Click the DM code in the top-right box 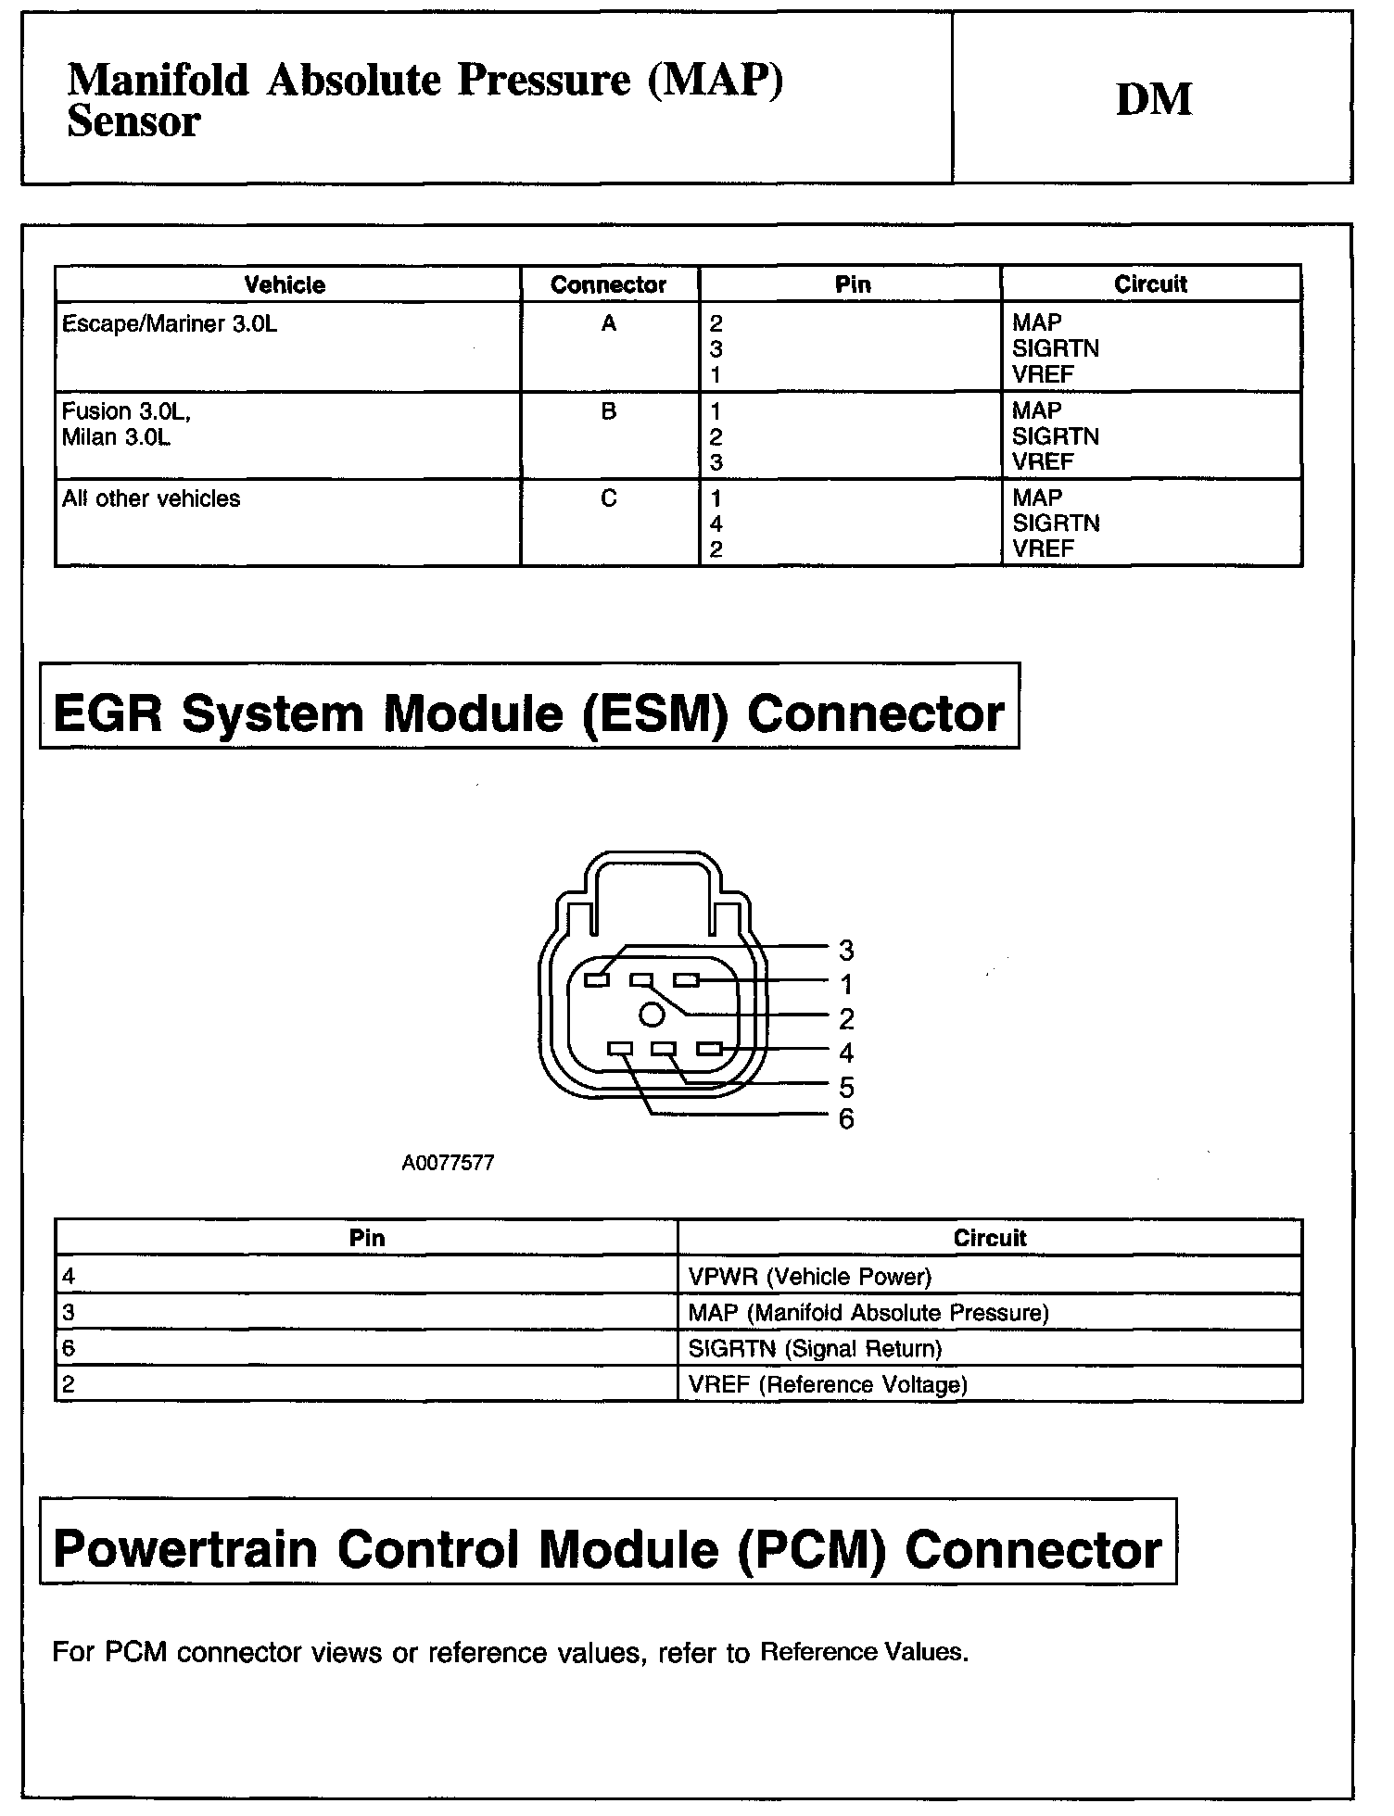pyautogui.click(x=1153, y=100)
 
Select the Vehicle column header pyautogui.click(x=285, y=284)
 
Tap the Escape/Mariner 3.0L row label pyautogui.click(x=170, y=324)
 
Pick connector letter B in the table pyautogui.click(x=608, y=411)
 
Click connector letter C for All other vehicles pyautogui.click(x=608, y=498)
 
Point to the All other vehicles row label pyautogui.click(x=151, y=498)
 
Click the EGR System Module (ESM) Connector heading pyautogui.click(x=528, y=713)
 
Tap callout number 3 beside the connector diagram pyautogui.click(x=845, y=950)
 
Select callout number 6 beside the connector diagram pyautogui.click(x=845, y=1119)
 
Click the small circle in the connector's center pyautogui.click(x=653, y=1015)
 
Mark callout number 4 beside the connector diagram pyautogui.click(x=845, y=1053)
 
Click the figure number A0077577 pyautogui.click(x=448, y=1163)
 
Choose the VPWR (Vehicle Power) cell pyautogui.click(x=809, y=1277)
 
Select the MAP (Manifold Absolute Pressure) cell pyautogui.click(x=868, y=1313)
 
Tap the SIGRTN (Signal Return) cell pyautogui.click(x=815, y=1349)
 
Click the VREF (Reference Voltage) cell pyautogui.click(x=828, y=1385)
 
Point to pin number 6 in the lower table pyautogui.click(x=69, y=1349)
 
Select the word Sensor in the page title pyautogui.click(x=133, y=122)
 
